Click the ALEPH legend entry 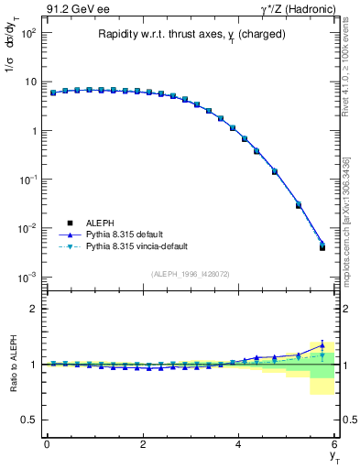pyautogui.click(x=100, y=223)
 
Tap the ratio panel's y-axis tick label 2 pyautogui.click(x=31, y=309)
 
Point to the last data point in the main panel pyautogui.click(x=322, y=246)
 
